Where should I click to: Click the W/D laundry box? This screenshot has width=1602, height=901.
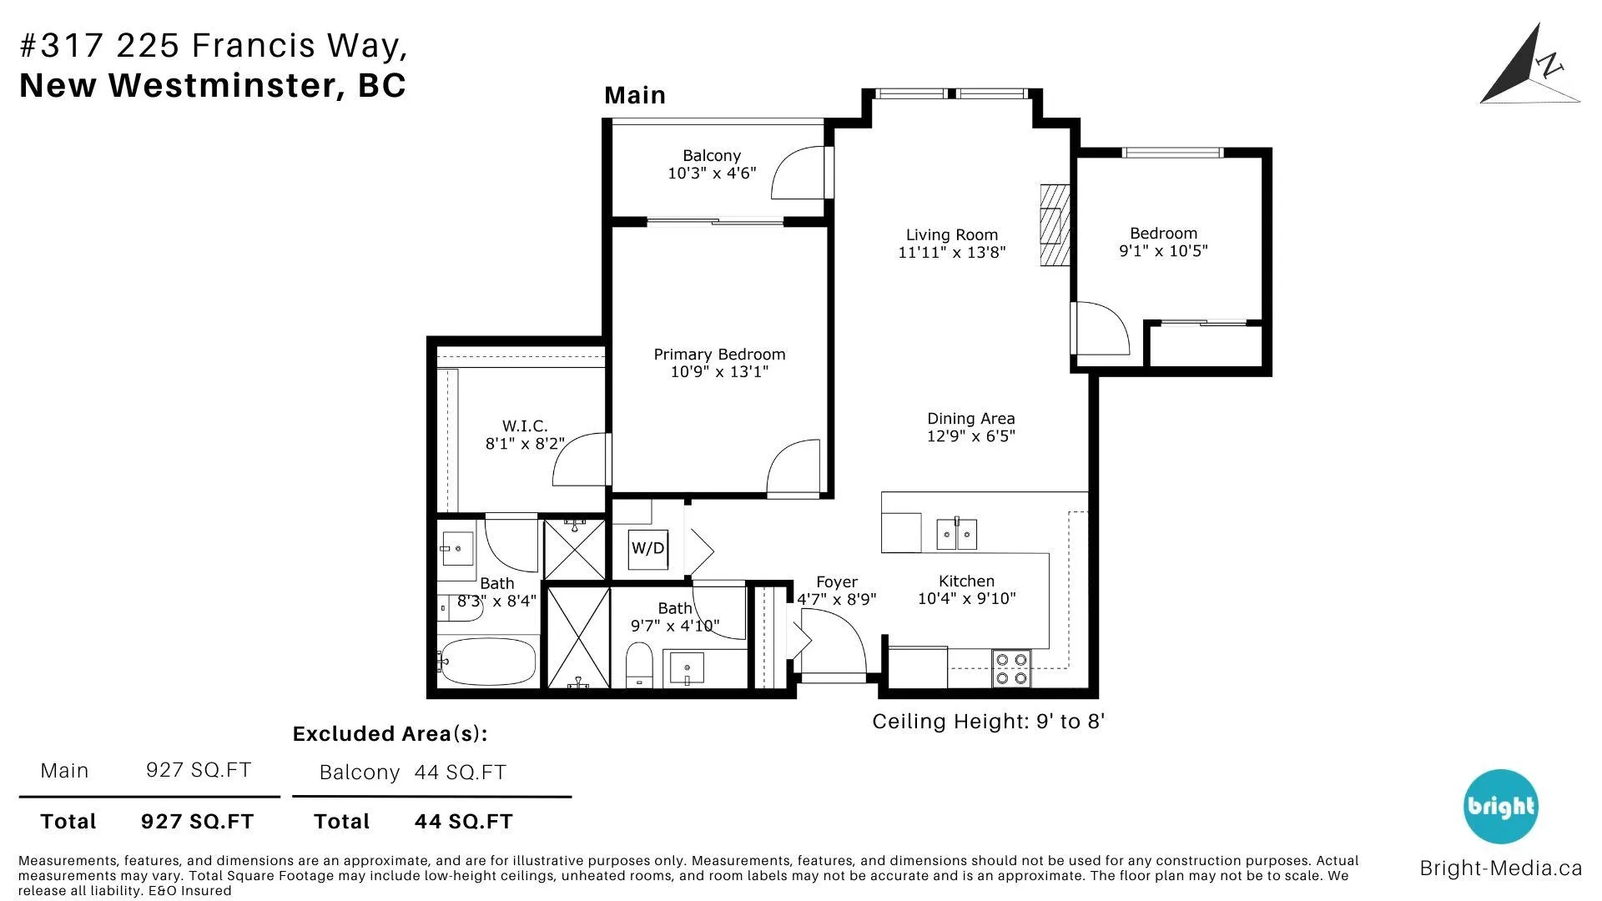[648, 549]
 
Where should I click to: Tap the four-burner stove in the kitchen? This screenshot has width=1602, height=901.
[1012, 669]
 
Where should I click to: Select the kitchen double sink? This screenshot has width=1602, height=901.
[956, 534]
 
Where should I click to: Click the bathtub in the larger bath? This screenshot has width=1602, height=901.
[488, 662]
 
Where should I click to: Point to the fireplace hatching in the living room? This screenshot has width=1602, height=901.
[1055, 224]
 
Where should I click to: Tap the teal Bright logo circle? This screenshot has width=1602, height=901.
[1501, 807]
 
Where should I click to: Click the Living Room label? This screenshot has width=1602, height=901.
[952, 235]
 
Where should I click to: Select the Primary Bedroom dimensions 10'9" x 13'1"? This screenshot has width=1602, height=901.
[719, 372]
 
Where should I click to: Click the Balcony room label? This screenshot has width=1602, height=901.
[712, 156]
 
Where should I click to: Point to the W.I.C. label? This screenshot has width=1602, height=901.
[525, 426]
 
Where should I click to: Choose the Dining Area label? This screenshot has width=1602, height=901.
[971, 419]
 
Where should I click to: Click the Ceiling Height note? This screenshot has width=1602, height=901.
[989, 722]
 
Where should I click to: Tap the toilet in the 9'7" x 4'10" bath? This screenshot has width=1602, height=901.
[639, 665]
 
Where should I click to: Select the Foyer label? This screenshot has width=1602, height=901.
[837, 582]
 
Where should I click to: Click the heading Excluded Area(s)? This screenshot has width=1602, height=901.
[390, 734]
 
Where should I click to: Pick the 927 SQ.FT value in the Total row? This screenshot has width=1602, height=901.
[197, 822]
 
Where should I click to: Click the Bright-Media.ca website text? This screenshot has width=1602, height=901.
[1501, 868]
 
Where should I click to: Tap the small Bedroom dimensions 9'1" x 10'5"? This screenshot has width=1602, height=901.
[1163, 251]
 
